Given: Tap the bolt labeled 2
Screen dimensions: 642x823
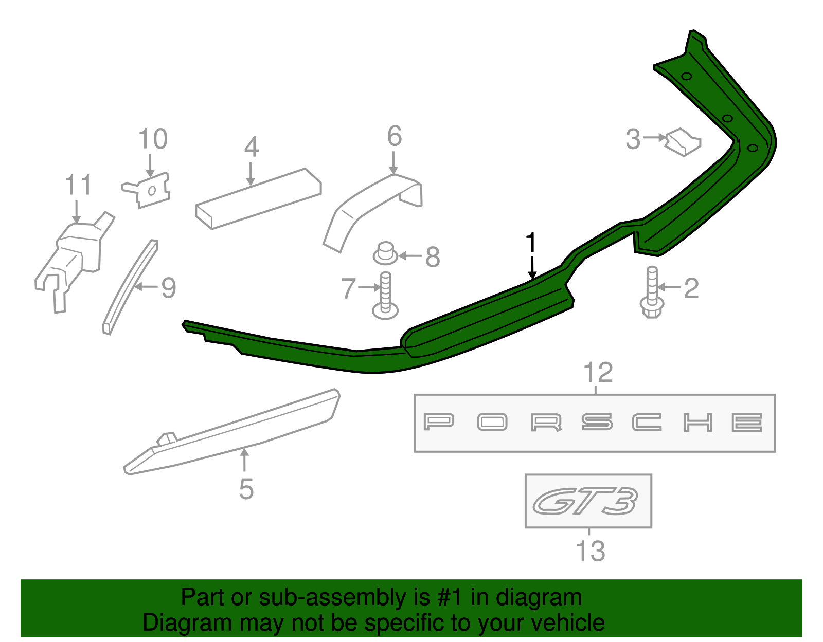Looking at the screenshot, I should coord(652,293).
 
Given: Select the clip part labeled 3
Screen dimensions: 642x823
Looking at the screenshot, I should coord(683,142).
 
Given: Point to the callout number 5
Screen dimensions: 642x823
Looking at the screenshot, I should coord(246,489).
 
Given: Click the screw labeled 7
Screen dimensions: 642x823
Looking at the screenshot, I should coord(385,296).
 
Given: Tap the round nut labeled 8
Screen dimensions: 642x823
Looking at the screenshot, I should coord(385,253).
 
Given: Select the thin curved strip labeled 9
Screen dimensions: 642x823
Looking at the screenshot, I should coord(129,288).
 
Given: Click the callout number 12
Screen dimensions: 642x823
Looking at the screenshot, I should coord(598,373).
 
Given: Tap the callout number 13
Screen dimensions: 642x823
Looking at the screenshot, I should coord(590,552).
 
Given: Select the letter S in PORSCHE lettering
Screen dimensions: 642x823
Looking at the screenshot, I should coord(597,423).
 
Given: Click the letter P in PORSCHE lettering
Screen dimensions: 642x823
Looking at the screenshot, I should coord(439,422).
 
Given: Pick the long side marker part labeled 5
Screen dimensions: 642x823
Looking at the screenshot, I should coord(231,432).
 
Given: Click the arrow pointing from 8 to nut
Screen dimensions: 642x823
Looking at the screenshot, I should coord(410,255).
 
